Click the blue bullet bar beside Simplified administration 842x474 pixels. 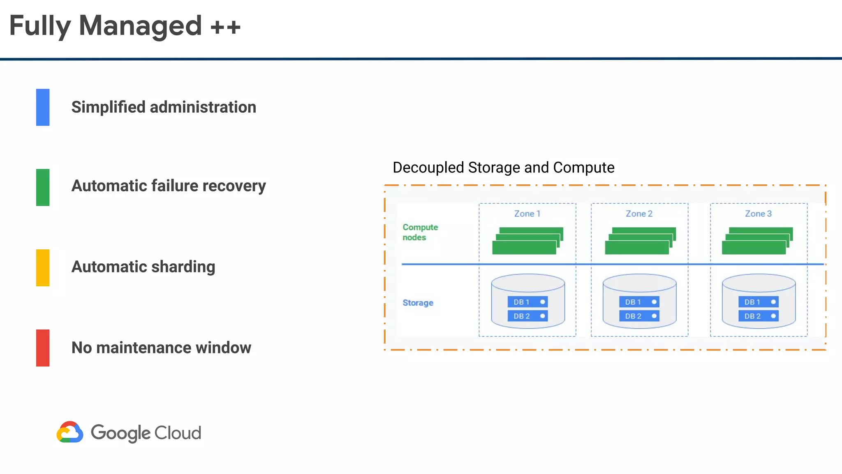click(x=43, y=107)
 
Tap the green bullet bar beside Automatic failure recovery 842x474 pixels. click(x=43, y=187)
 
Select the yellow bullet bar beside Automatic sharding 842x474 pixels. click(x=43, y=267)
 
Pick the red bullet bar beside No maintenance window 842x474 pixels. click(x=43, y=348)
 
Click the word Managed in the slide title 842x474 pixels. click(x=140, y=26)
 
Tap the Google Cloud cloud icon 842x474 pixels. click(x=70, y=432)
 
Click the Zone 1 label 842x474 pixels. click(x=527, y=214)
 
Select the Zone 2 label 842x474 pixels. click(x=639, y=214)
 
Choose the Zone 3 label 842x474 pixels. click(x=758, y=214)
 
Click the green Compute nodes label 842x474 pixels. click(x=420, y=232)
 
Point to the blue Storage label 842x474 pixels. click(x=418, y=303)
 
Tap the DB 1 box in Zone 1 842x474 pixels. click(x=527, y=302)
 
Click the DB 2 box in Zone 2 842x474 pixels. click(x=639, y=316)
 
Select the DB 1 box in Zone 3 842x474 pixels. click(x=758, y=302)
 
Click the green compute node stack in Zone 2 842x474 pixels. click(x=640, y=241)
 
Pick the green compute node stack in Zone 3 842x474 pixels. click(x=757, y=241)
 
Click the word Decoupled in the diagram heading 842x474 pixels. click(x=428, y=168)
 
